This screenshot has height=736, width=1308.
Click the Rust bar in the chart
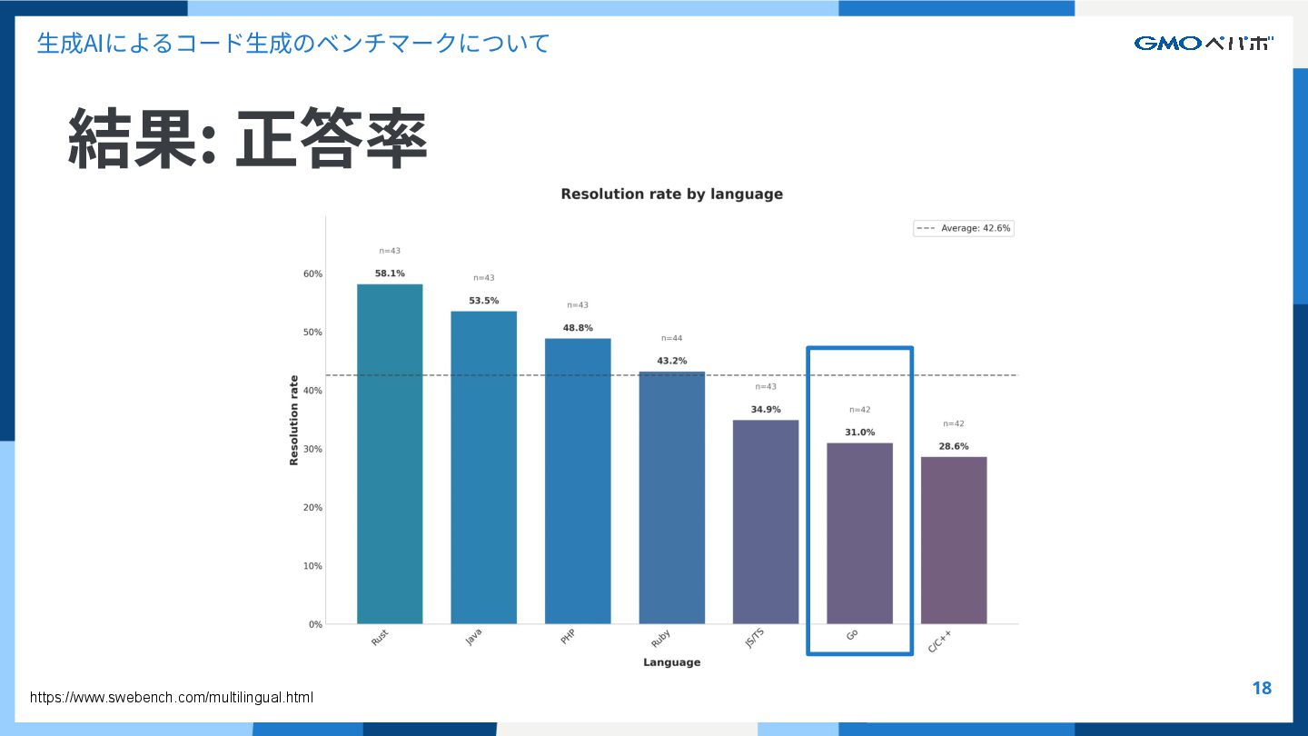(390, 454)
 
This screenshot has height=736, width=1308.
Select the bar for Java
(483, 468)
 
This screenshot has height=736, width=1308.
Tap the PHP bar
(578, 482)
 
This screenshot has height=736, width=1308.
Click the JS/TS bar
(766, 522)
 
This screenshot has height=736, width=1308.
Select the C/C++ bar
(954, 541)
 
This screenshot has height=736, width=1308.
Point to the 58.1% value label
(390, 274)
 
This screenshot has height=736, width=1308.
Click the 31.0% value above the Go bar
(859, 433)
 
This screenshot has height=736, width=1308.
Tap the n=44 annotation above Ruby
(671, 338)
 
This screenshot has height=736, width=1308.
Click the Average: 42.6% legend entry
(964, 229)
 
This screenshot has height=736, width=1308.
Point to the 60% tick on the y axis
(312, 274)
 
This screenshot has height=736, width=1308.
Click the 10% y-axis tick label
(312, 566)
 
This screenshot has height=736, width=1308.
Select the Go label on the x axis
(852, 634)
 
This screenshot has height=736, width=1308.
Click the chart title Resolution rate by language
(671, 194)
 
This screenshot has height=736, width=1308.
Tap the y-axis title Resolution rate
(293, 420)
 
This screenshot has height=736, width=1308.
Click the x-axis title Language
(671, 662)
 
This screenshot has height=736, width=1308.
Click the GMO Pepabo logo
(1204, 43)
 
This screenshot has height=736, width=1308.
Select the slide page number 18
(1262, 688)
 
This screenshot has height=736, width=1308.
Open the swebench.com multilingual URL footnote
(172, 698)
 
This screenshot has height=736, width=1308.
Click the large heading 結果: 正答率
(247, 139)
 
